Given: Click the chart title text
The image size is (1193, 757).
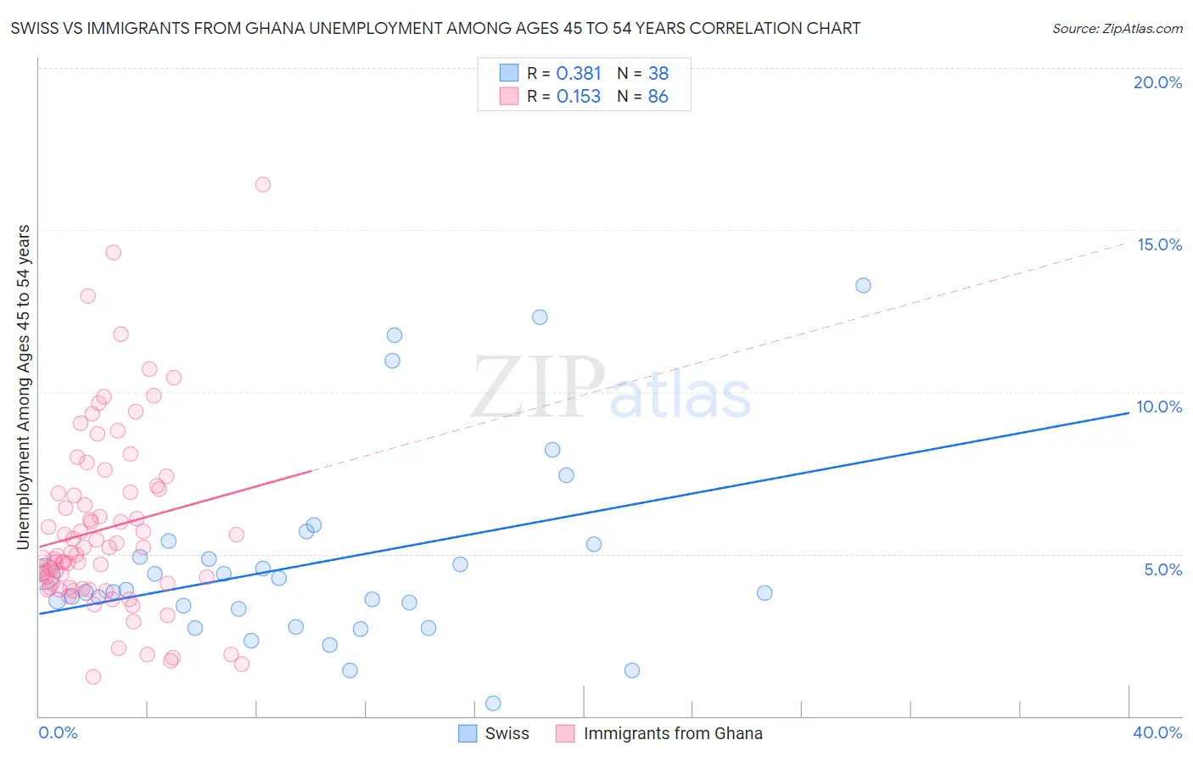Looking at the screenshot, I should pyautogui.click(x=435, y=28).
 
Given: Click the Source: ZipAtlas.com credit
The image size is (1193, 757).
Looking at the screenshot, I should pyautogui.click(x=1117, y=28).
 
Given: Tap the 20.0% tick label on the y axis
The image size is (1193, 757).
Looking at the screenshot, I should pyautogui.click(x=1157, y=82).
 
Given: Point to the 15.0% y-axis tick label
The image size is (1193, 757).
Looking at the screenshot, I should pyautogui.click(x=1159, y=244).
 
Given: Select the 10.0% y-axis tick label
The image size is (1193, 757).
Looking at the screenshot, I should pyautogui.click(x=1159, y=407).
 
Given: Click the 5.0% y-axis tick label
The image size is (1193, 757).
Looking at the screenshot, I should pyautogui.click(x=1162, y=569).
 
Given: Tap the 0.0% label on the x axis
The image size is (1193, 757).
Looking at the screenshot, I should pyautogui.click(x=58, y=732).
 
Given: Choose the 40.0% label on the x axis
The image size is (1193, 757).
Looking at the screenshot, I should pyautogui.click(x=1157, y=732).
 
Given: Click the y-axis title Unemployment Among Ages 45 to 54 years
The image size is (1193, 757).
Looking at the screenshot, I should pyautogui.click(x=24, y=387).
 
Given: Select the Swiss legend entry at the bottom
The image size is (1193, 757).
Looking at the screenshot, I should pyautogui.click(x=507, y=733).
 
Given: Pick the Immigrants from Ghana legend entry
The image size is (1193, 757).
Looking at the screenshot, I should pyautogui.click(x=672, y=733).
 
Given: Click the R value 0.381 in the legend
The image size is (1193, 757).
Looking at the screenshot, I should pyautogui.click(x=579, y=73).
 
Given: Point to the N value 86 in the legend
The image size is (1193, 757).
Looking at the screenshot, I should pyautogui.click(x=658, y=97).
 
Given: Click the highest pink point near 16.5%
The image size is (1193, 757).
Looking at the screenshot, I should pyautogui.click(x=263, y=184).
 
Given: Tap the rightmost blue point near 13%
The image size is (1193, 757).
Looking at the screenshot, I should pyautogui.click(x=863, y=285).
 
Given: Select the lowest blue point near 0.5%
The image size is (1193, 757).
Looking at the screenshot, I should pyautogui.click(x=493, y=703).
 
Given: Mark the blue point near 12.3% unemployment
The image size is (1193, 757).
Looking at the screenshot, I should pyautogui.click(x=540, y=317).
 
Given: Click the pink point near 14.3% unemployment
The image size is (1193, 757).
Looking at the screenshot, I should pyautogui.click(x=113, y=252).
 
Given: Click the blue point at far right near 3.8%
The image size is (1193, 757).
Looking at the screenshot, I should pyautogui.click(x=765, y=593).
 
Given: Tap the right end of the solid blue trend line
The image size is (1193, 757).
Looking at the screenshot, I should pyautogui.click(x=1129, y=412).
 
